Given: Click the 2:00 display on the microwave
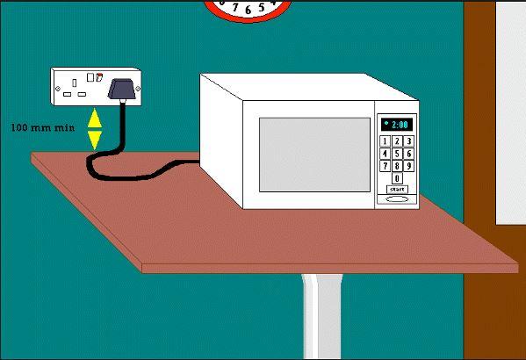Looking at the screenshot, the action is pos(397,125).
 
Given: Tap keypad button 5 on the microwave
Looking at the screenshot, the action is pos(397,154).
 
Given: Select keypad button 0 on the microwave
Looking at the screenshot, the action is pos(397,178).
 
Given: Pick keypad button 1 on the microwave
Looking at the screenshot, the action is pos(385,141).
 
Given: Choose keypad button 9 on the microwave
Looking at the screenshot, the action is pos(408,166).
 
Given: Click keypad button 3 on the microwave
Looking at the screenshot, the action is pos(408,141).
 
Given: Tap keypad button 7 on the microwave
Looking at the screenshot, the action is pos(385,166).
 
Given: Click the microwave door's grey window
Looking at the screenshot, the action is pos(314,155).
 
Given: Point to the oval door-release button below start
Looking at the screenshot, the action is pos(397,199).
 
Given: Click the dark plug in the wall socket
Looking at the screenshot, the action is pos(122,90).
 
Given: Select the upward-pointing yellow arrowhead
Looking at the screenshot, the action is pos(95,119).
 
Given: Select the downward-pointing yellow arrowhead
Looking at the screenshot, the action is pos(95,140).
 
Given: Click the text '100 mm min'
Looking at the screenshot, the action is pos(43,128).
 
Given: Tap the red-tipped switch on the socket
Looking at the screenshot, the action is pos(98,77).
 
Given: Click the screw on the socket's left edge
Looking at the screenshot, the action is pos(58,89).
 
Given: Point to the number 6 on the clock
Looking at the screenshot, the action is pos(248,10).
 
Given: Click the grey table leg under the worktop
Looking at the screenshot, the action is pos(322,316).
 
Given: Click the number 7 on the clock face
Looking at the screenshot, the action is pos(235,7).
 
